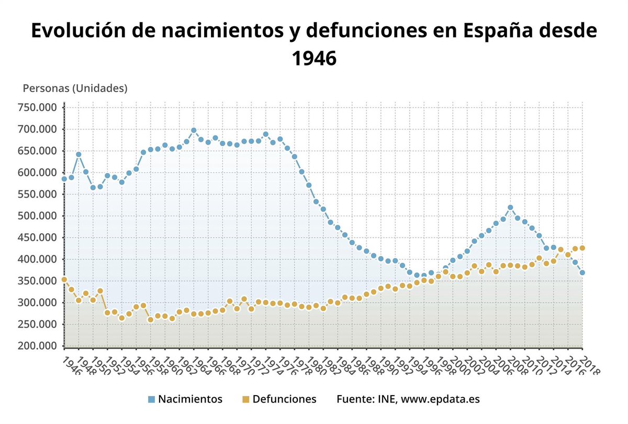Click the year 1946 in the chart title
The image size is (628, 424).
point(313,58)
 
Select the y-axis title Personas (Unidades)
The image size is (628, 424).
point(75,88)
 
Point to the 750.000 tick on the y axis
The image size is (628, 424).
point(38,107)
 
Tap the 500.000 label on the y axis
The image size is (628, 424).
point(38,216)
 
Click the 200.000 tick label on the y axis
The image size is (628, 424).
point(38,346)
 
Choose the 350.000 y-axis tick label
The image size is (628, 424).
point(38,281)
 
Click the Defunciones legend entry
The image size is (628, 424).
point(284,399)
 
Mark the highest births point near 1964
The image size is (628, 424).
point(194,131)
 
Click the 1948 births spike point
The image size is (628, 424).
point(78,155)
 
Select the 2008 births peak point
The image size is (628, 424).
point(510,208)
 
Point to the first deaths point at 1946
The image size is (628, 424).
point(64,280)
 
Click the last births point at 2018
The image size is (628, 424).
point(582,273)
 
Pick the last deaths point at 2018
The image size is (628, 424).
point(582,248)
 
